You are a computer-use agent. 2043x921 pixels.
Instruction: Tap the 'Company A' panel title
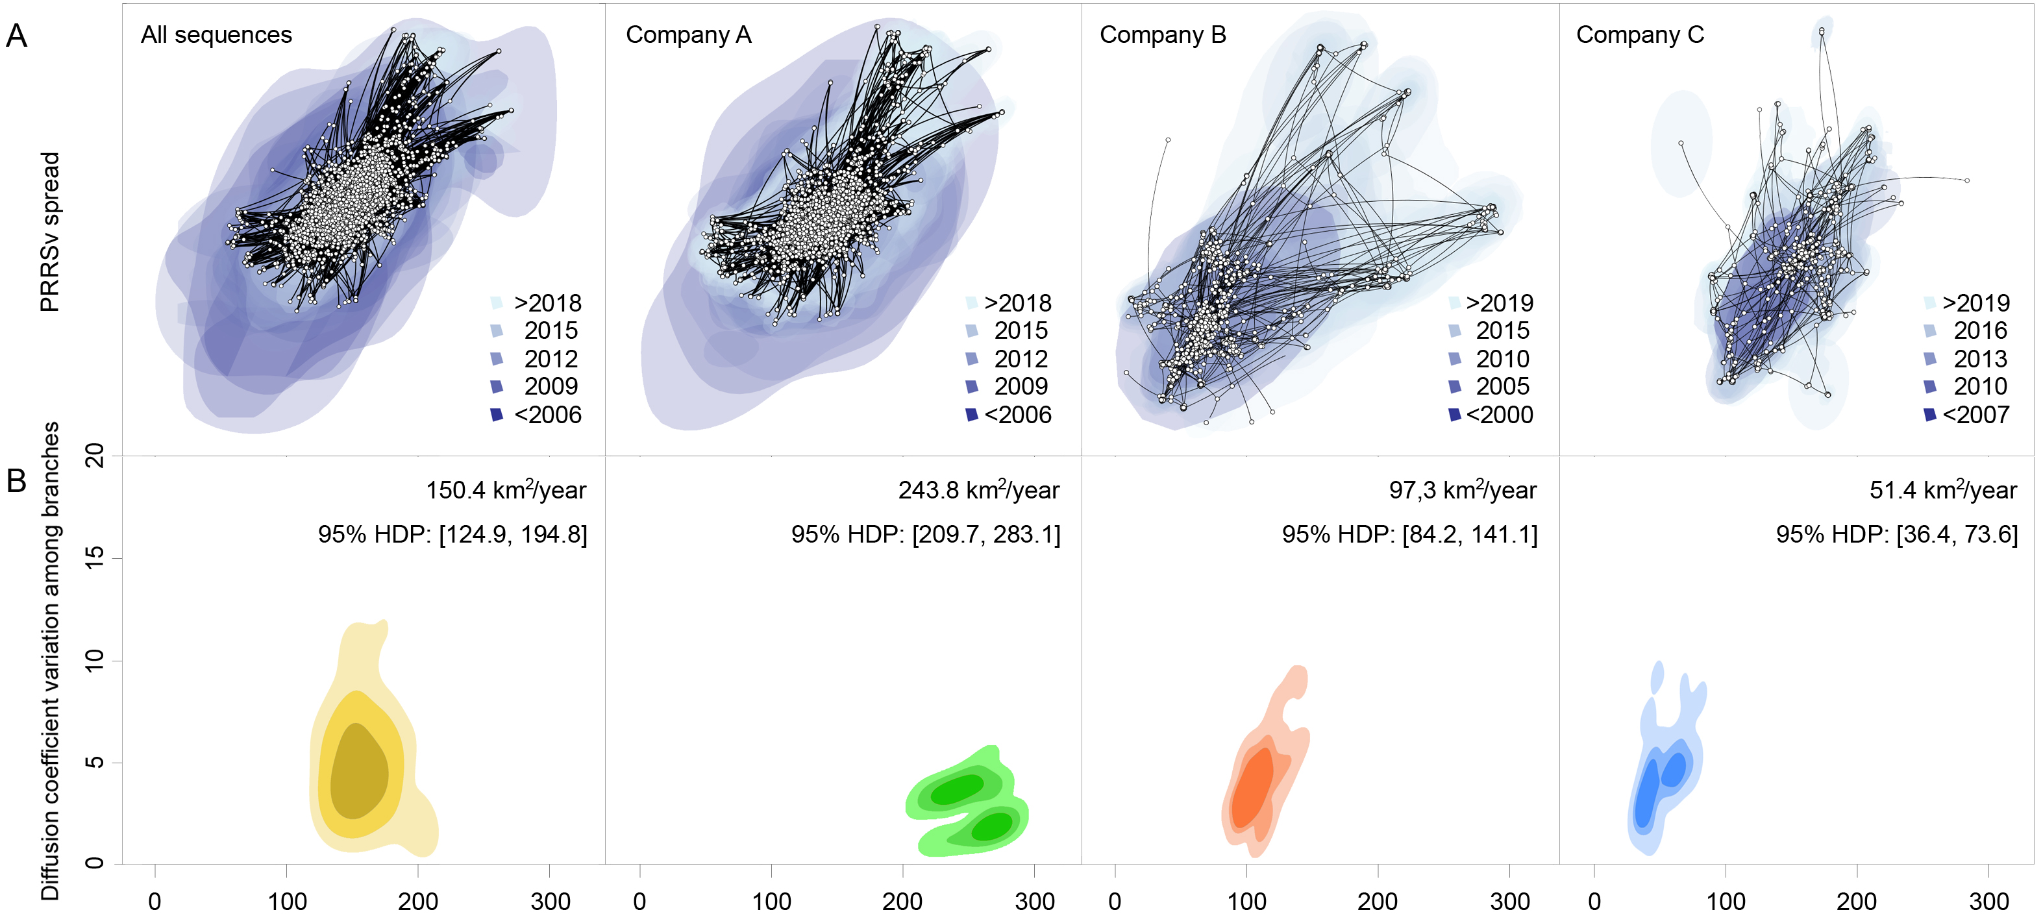[x=687, y=35]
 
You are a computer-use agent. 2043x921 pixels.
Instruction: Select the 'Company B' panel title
[x=1162, y=35]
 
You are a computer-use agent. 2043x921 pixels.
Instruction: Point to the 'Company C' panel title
[x=1639, y=35]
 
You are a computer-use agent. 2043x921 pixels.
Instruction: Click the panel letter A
[x=17, y=36]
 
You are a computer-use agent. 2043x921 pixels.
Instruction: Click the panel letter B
[x=17, y=481]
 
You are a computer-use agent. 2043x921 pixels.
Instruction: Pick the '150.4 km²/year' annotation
[x=506, y=490]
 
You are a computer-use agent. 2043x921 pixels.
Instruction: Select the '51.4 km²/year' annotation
[x=1942, y=490]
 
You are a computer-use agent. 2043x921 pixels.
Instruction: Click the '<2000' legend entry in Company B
[x=1499, y=415]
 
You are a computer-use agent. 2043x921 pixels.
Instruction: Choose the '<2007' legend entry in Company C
[x=1975, y=415]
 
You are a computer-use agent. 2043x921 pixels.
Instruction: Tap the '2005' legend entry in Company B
[x=1502, y=387]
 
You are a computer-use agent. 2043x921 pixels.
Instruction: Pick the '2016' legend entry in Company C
[x=1979, y=330]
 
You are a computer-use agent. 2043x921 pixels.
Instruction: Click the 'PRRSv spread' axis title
[x=49, y=232]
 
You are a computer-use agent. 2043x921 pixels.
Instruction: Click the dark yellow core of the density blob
[x=358, y=773]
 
